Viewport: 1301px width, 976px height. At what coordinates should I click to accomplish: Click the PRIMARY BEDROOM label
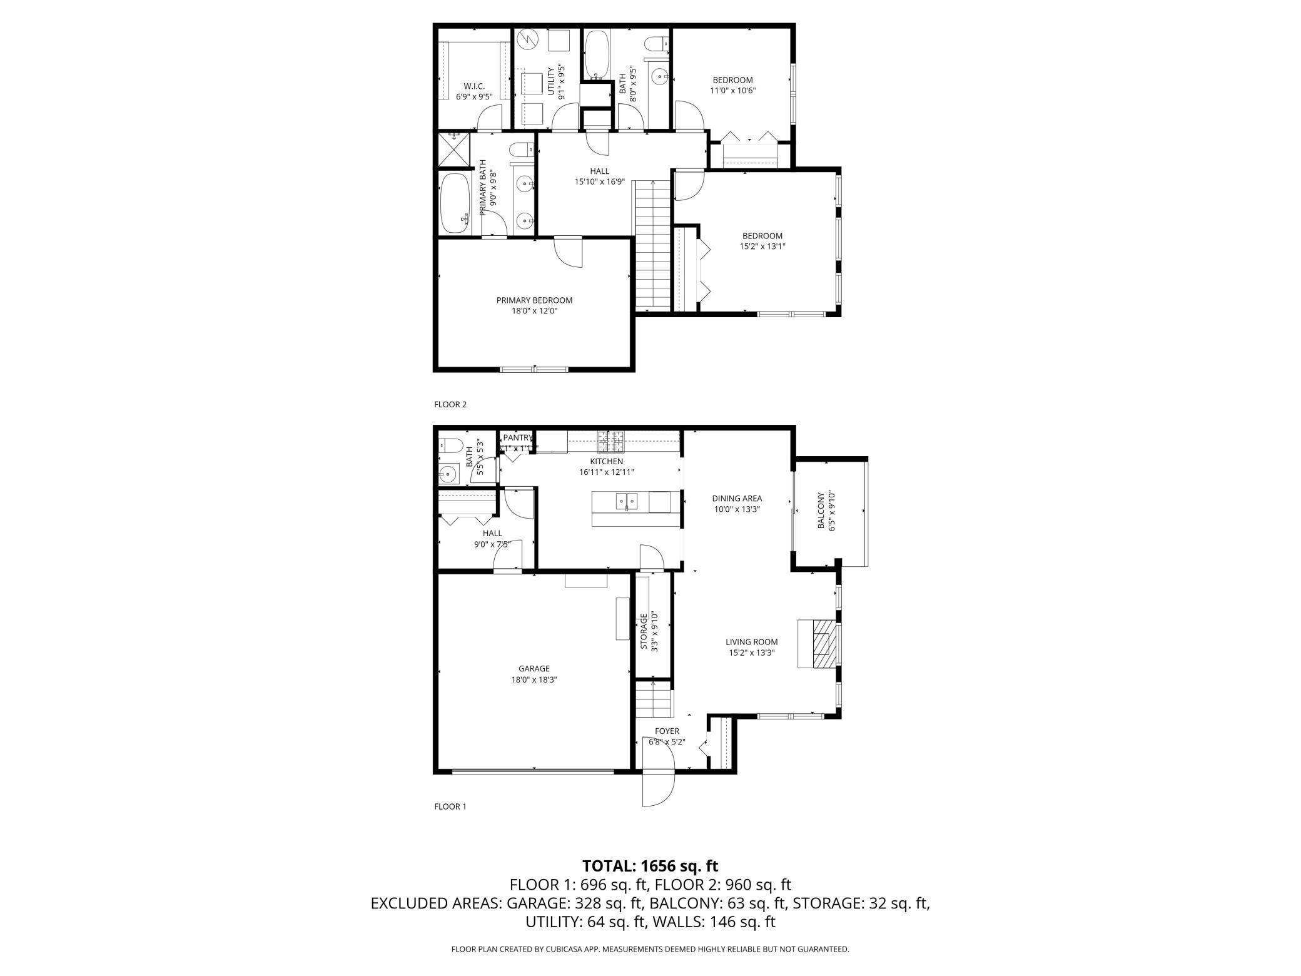coord(534,300)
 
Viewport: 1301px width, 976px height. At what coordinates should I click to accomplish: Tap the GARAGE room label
coord(534,669)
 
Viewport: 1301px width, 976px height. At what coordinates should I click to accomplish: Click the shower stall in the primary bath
coord(453,150)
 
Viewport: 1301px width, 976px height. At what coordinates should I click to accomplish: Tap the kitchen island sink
coord(627,501)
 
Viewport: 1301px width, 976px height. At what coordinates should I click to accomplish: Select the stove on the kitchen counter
coord(610,442)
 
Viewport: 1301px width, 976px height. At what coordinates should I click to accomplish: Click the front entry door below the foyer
coord(658,787)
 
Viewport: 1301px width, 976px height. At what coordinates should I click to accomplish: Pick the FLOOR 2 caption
coord(450,404)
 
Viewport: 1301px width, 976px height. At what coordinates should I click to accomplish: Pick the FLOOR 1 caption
coord(450,806)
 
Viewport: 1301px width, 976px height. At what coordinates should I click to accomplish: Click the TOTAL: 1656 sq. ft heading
coord(650,866)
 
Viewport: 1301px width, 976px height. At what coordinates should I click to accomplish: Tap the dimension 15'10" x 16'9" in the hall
coord(599,182)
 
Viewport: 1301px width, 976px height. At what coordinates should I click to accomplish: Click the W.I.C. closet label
coord(474,86)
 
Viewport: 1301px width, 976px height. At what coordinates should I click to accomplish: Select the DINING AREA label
coord(737,499)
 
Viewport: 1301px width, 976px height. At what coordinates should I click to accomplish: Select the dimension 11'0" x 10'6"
coord(733,91)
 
